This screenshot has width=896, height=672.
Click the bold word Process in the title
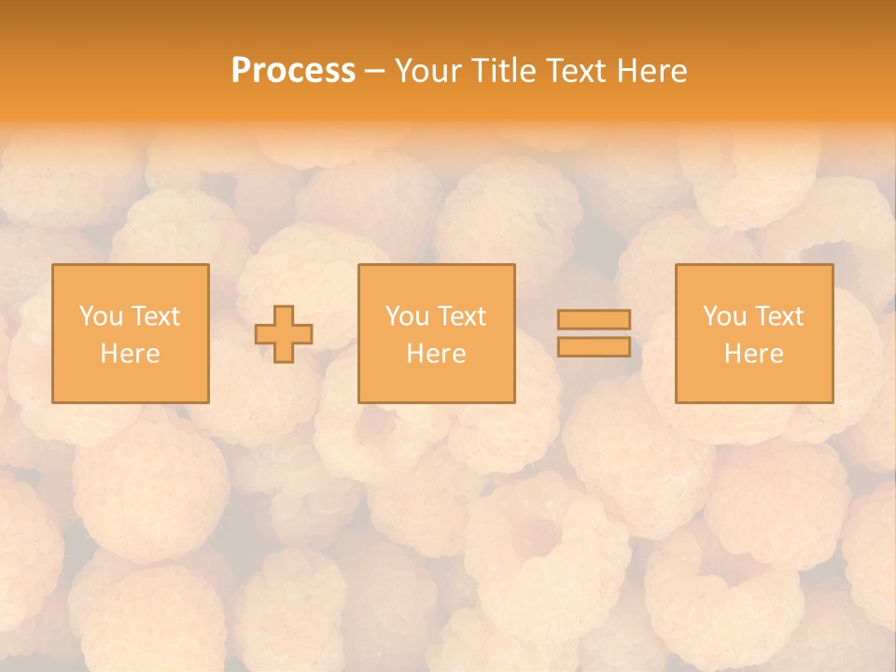point(293,71)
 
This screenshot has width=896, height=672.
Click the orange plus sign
point(284,334)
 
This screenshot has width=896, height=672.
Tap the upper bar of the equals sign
point(594,320)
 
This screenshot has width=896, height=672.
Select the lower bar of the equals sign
point(594,347)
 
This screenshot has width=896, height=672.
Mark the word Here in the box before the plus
point(130,354)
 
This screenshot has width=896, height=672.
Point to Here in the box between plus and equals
point(436,354)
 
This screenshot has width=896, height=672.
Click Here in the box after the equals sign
point(753,354)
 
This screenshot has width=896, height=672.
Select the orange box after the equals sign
point(754,383)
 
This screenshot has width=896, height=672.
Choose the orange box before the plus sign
point(130,383)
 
